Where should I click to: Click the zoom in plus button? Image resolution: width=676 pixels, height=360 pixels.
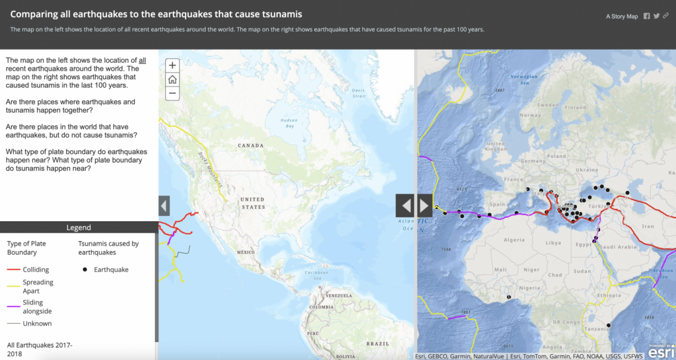[172, 65]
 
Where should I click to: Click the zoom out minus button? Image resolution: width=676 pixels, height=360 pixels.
[172, 93]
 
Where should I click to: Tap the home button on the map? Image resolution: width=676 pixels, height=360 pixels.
[172, 79]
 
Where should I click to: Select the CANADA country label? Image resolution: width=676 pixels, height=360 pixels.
[250, 145]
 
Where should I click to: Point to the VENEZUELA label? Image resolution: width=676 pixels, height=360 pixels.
[339, 295]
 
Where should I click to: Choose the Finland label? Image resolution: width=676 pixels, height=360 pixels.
[575, 107]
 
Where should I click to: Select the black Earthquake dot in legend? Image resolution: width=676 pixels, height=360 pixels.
[84, 270]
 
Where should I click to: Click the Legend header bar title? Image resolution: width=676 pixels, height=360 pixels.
[79, 228]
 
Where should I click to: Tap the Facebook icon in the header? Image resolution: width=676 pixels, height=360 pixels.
[646, 16]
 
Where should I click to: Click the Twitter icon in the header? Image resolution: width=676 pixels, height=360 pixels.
[656, 16]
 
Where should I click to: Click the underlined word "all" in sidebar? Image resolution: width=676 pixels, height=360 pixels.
[142, 60]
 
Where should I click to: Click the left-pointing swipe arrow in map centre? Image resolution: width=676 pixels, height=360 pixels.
[405, 205]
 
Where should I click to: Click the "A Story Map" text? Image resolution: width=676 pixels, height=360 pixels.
[622, 17]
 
